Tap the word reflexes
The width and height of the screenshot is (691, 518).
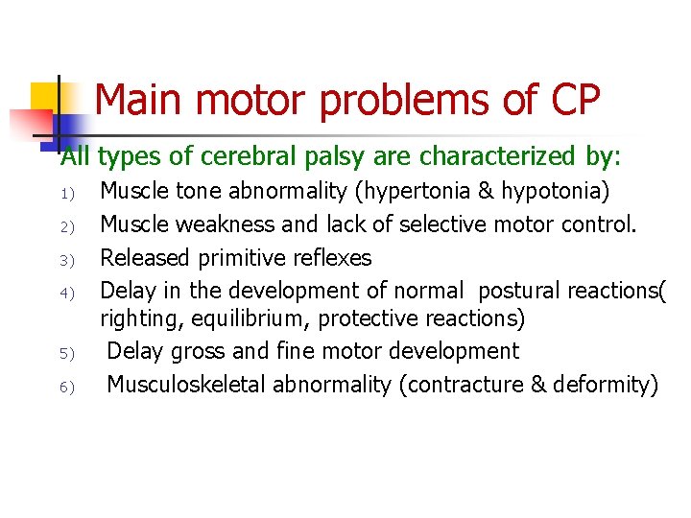click(x=332, y=257)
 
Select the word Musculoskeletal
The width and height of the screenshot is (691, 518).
click(x=186, y=385)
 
